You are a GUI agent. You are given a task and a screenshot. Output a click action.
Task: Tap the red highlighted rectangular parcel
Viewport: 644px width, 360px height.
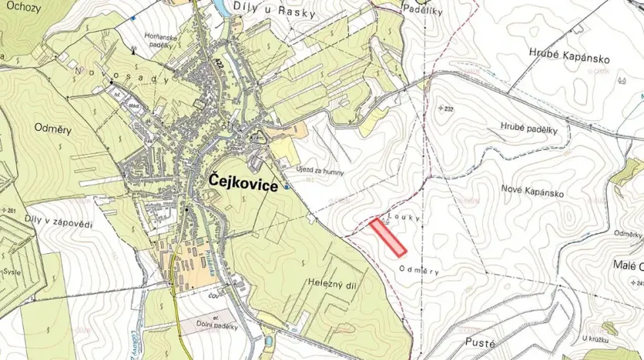pos(389,237)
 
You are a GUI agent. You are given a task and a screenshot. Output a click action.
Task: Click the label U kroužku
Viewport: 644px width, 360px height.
pos(598,338)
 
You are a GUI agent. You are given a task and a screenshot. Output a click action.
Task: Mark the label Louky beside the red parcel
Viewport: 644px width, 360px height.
pos(405,219)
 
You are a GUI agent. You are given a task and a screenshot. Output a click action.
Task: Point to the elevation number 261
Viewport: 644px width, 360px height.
pos(10,211)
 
